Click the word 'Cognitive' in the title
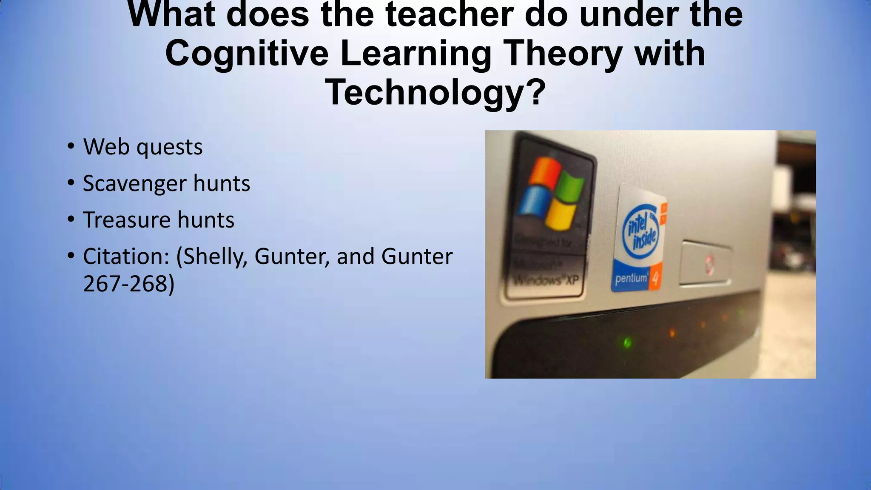coord(247,54)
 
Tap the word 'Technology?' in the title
coord(435,93)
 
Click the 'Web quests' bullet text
coord(142,147)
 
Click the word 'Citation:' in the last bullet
coord(126,256)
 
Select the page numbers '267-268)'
coord(128,284)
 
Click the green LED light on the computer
coord(626,342)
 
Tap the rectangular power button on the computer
coord(706,262)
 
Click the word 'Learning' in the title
coord(416,54)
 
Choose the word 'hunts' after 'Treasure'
coord(206,220)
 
